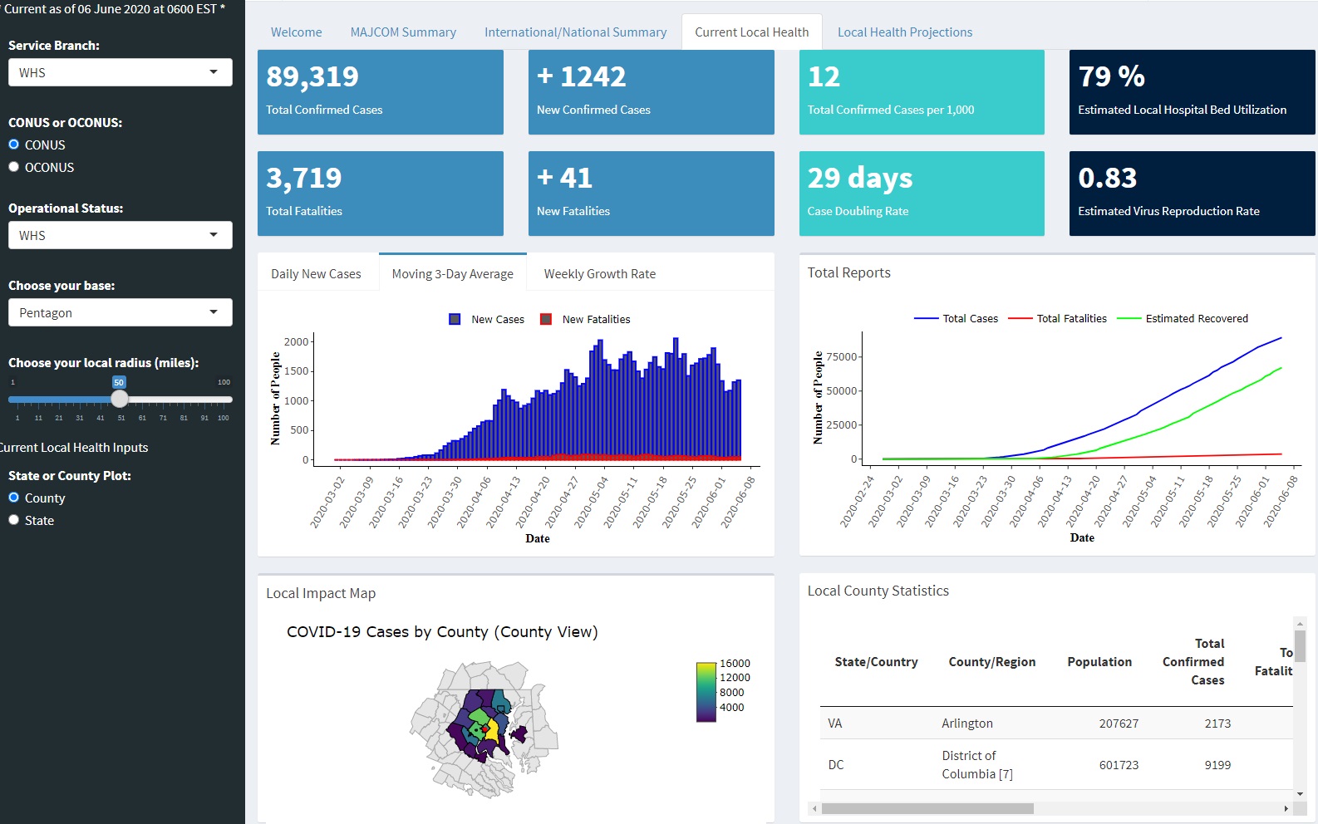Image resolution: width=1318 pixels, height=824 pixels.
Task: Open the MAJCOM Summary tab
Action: (x=403, y=32)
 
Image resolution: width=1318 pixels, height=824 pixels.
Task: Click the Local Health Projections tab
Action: (x=904, y=32)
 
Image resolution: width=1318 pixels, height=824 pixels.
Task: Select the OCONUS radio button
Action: (x=14, y=167)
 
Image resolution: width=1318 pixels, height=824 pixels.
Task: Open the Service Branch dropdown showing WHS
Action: (x=120, y=72)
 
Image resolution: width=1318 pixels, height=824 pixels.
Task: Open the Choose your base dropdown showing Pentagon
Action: (x=120, y=312)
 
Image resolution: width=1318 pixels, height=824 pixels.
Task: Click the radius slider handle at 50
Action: (x=120, y=399)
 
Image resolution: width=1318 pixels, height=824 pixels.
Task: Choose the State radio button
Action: (x=14, y=520)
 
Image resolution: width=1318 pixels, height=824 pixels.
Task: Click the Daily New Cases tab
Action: (x=316, y=274)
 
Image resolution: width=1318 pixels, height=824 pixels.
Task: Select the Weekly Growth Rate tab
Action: (x=599, y=274)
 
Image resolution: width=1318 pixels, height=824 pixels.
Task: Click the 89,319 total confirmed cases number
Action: (x=312, y=76)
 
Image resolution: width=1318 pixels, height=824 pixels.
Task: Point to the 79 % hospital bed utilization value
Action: (x=1111, y=76)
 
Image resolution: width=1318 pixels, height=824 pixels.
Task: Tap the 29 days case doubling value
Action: (x=859, y=178)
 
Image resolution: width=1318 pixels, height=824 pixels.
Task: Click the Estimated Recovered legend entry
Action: (x=1196, y=318)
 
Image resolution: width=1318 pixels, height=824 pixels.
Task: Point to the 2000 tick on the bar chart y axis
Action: (x=296, y=341)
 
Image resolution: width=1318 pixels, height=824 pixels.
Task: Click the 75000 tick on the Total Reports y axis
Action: (x=841, y=357)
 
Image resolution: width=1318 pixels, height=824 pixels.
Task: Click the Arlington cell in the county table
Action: (x=966, y=723)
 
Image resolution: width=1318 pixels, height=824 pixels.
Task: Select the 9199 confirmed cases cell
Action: (x=1217, y=765)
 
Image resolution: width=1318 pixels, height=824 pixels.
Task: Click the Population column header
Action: (x=1099, y=662)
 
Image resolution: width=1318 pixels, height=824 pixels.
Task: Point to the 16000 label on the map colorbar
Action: (x=734, y=664)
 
